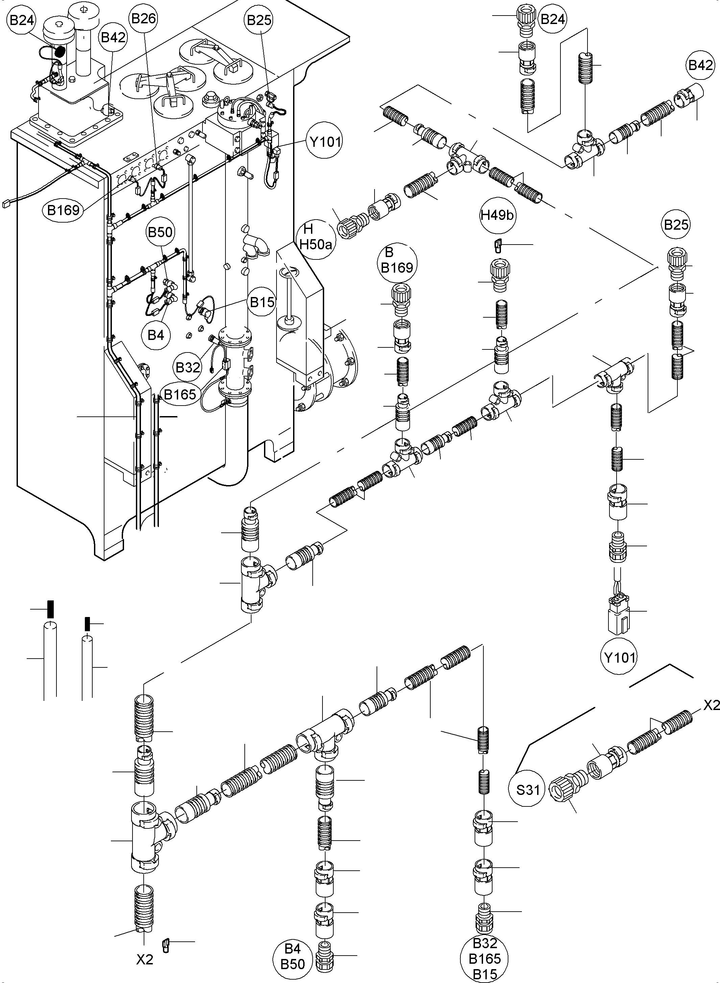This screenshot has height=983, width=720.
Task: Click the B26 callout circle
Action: click(x=143, y=19)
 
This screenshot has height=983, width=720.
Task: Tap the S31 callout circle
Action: click(x=528, y=790)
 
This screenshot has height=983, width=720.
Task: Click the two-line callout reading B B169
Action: click(x=396, y=260)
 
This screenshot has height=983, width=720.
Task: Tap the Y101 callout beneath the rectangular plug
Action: click(x=620, y=657)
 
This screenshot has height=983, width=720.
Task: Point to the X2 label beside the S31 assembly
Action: click(x=711, y=706)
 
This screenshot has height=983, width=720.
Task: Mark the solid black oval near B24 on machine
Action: click(x=60, y=51)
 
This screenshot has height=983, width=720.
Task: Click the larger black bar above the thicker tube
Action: click(x=51, y=609)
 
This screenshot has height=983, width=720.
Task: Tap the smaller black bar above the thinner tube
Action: click(x=87, y=624)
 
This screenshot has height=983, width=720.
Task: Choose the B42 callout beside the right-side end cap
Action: click(x=700, y=65)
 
